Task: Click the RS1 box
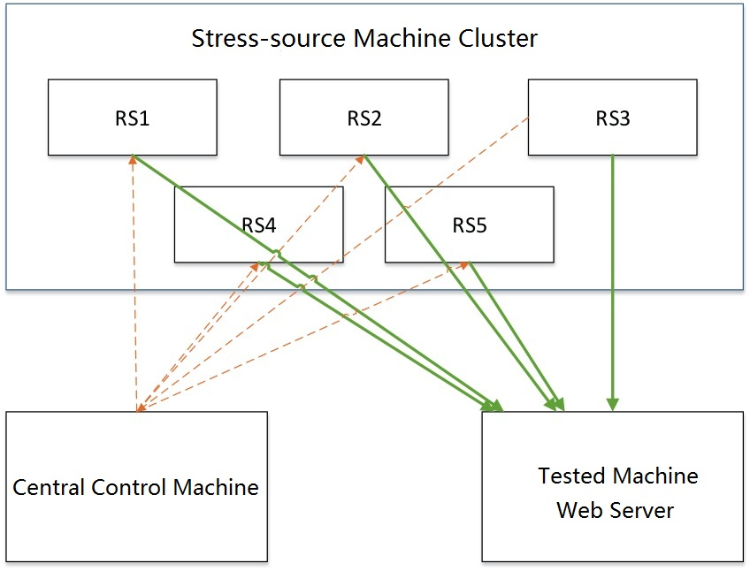coord(132,118)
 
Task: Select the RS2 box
coord(364,118)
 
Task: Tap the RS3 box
coord(612,118)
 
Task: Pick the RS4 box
coord(258,225)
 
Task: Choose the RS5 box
coord(470,225)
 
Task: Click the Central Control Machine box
coord(136,486)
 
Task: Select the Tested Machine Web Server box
coord(612,486)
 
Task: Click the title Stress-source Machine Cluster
coord(364,39)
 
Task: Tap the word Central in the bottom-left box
coord(51,487)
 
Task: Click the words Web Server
coord(616,510)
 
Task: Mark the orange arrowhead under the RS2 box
coord(362,159)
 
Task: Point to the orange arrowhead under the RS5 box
coord(466,263)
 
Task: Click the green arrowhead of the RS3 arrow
coord(612,403)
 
